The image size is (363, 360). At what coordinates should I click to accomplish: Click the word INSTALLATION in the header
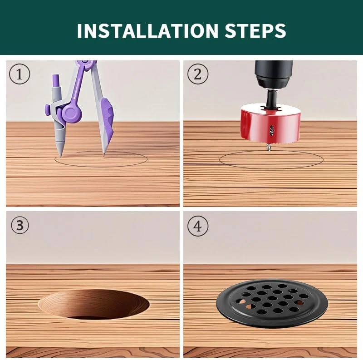point(147,30)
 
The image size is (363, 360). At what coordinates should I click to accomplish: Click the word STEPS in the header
point(255,30)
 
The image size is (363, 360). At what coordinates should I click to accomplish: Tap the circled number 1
point(20,74)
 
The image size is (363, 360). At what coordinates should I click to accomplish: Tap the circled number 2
point(198,74)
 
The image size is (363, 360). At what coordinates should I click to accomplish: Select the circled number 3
point(20,225)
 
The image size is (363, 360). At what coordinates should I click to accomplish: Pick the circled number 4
point(198,226)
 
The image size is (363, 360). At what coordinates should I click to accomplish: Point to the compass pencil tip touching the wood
point(61,156)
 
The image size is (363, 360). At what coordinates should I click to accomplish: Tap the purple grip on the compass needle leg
point(107,118)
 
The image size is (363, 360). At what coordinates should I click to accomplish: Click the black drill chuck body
point(274,74)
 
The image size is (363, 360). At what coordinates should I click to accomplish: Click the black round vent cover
point(272,303)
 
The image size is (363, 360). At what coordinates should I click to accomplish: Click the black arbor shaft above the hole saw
point(271,98)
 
